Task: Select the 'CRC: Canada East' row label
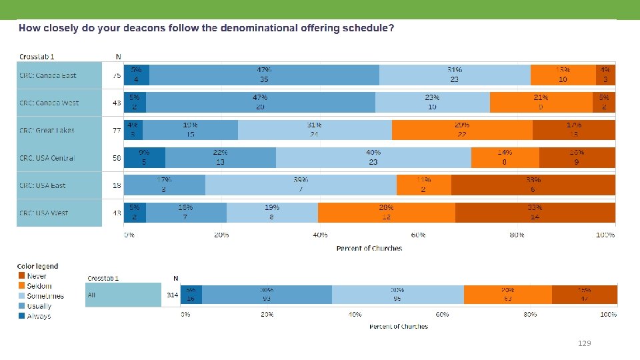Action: click(48, 75)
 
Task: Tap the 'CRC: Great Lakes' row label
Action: click(47, 131)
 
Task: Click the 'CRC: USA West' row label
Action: click(44, 213)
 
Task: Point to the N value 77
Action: click(117, 131)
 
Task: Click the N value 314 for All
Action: click(172, 295)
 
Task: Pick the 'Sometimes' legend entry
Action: click(45, 296)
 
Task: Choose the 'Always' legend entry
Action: click(39, 316)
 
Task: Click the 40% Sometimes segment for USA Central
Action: click(373, 158)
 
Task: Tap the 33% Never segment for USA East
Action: click(533, 185)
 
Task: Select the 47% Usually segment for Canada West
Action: click(260, 103)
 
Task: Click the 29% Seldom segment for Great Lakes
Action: click(462, 130)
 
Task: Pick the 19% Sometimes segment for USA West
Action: click(272, 213)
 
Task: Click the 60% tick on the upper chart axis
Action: click(418, 235)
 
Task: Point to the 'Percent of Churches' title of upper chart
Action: click(369, 248)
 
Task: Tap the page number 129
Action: click(584, 343)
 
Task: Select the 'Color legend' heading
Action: click(37, 266)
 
